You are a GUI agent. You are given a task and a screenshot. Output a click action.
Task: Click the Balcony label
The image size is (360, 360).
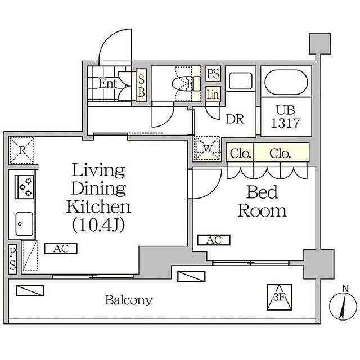pyautogui.click(x=129, y=300)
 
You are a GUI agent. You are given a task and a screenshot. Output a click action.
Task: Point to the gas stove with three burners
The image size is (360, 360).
pyautogui.click(x=24, y=187)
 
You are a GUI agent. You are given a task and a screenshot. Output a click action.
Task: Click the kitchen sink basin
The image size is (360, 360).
pyautogui.click(x=24, y=224)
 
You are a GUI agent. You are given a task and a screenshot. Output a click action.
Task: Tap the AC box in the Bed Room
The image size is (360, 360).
pyautogui.click(x=214, y=240)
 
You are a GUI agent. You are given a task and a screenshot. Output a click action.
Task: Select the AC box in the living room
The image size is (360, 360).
pyautogui.click(x=61, y=249)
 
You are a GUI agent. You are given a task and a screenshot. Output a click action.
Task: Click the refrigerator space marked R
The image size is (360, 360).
pyautogui.click(x=22, y=150)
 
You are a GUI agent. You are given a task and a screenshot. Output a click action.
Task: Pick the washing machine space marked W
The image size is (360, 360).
pyautogui.click(x=207, y=148)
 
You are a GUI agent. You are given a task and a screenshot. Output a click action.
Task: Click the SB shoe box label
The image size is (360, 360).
pyautogui.click(x=141, y=85)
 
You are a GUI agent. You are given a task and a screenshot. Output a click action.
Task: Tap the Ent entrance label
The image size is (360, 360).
pyautogui.click(x=107, y=84)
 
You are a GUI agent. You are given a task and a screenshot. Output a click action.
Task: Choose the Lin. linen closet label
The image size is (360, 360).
pyautogui.click(x=213, y=94)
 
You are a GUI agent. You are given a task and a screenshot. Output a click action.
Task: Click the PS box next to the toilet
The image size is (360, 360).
pyautogui.click(x=213, y=74)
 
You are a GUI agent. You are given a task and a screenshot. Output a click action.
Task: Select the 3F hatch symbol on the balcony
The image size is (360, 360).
pyautogui.click(x=279, y=297)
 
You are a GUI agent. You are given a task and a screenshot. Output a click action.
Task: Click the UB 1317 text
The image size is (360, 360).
pyautogui.click(x=286, y=116)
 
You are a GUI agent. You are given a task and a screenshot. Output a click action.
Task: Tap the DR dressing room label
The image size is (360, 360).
pyautogui.click(x=235, y=119)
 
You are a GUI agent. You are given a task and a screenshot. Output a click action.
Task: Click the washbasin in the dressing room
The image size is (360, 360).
pyautogui.click(x=241, y=81)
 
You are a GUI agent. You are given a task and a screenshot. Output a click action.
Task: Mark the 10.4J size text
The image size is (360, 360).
pyautogui.click(x=98, y=225)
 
